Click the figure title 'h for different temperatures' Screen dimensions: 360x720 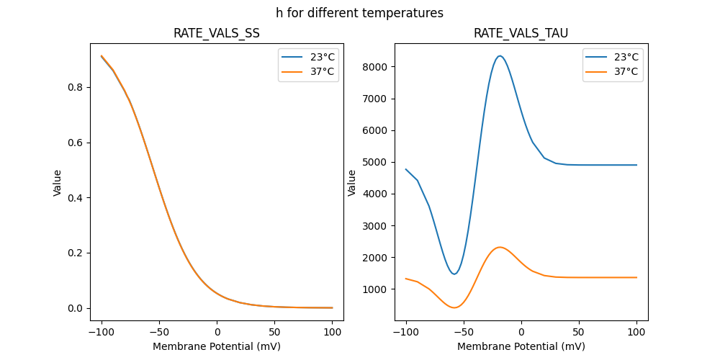[x=359, y=13]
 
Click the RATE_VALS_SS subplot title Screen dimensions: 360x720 [x=217, y=34]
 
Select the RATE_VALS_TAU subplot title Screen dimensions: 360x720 [x=521, y=34]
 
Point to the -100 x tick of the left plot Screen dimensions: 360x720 [x=102, y=333]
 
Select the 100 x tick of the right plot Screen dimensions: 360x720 [x=636, y=333]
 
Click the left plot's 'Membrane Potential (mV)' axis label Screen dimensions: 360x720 [x=217, y=346]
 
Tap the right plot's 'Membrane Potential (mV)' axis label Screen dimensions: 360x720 [x=521, y=346]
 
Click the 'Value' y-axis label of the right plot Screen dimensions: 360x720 [x=352, y=183]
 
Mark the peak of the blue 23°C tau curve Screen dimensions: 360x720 [x=499, y=56]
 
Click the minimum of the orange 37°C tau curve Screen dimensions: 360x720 [x=454, y=307]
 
